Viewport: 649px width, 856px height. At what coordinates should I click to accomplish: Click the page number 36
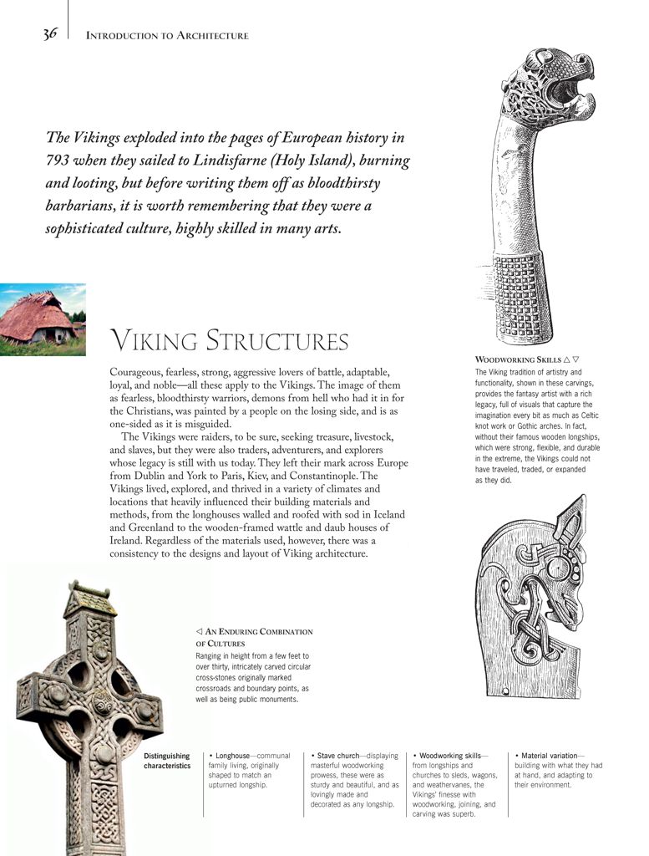(50, 34)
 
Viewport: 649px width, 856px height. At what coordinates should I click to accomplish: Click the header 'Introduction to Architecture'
(167, 36)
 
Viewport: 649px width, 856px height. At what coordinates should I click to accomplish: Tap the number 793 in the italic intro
(58, 160)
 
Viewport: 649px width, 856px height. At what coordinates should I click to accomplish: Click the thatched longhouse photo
(42, 320)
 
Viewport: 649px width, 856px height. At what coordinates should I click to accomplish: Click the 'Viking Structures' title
(229, 341)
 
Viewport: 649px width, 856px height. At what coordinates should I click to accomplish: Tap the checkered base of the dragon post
(524, 298)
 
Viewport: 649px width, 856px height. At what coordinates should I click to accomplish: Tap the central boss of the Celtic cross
(102, 702)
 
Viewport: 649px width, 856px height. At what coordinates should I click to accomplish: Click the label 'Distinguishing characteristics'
(167, 761)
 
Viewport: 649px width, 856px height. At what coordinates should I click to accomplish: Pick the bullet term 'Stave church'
(337, 756)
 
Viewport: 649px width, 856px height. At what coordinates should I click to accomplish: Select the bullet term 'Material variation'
(549, 756)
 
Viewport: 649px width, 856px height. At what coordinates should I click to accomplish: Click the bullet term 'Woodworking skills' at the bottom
(450, 756)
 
